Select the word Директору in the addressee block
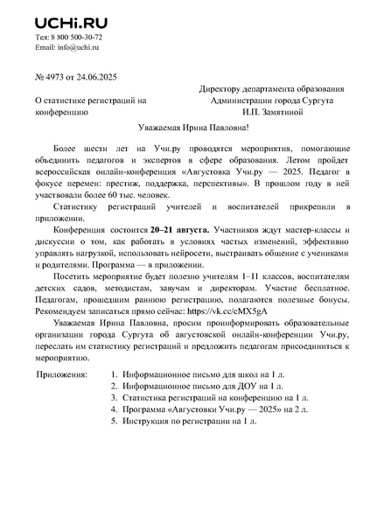click(x=223, y=88)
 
